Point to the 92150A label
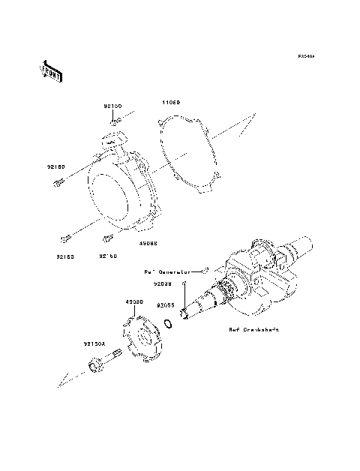94,344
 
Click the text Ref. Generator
169,269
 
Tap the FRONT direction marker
51,71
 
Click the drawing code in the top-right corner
304,56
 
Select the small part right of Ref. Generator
205,267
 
